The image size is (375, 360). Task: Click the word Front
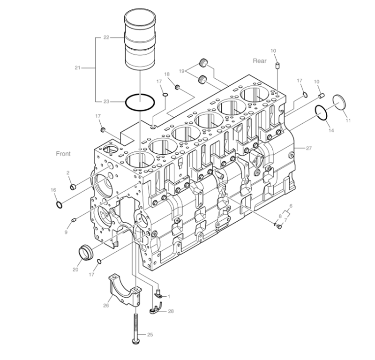(x=63, y=154)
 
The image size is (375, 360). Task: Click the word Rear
(x=260, y=61)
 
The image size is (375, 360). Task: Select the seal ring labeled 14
(x=321, y=113)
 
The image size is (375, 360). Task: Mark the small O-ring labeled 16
(x=58, y=204)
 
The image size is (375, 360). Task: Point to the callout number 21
(x=78, y=68)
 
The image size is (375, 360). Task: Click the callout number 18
(x=166, y=75)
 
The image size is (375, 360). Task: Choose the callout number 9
(x=67, y=232)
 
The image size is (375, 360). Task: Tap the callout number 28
(x=171, y=311)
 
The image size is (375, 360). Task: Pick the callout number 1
(x=169, y=296)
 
